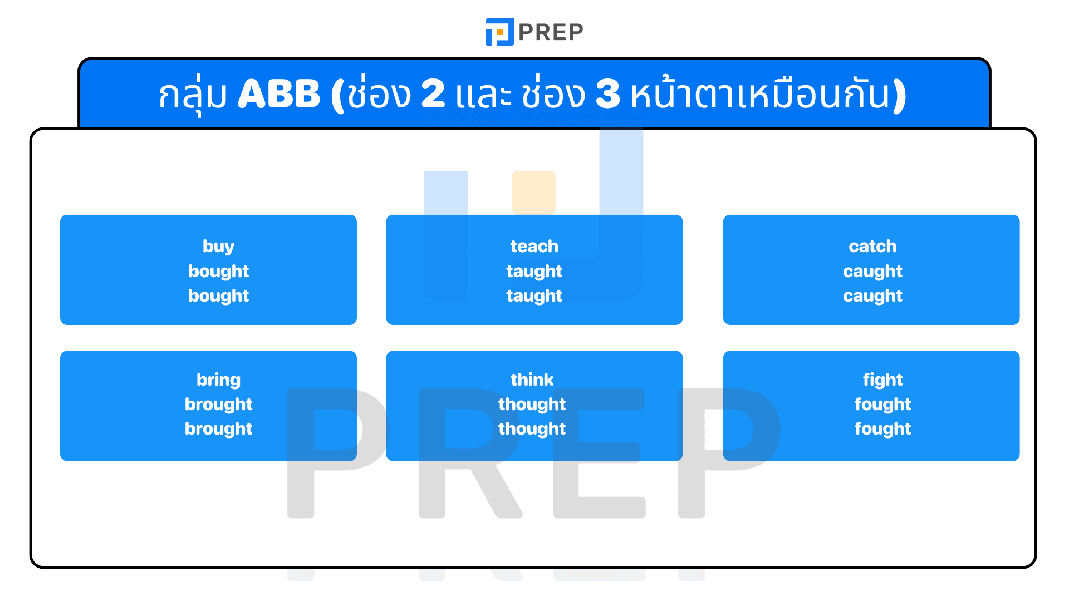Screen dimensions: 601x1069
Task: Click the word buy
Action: coord(218,247)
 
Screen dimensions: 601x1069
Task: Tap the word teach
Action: coord(534,246)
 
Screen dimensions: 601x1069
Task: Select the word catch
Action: coord(872,246)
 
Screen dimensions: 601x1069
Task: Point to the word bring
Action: coord(218,380)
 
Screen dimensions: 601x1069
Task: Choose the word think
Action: coord(532,380)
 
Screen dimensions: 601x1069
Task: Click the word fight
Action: coord(882,380)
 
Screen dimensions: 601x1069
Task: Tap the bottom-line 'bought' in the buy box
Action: coord(218,295)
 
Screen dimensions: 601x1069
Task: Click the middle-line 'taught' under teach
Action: coord(534,271)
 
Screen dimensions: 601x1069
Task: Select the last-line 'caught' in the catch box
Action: coord(872,295)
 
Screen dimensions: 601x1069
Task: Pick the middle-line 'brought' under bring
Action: coord(218,404)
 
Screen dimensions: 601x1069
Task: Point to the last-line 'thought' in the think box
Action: coord(532,428)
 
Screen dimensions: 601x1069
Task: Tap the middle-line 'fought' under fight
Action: coord(882,404)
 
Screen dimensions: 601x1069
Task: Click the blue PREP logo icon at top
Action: coord(499,32)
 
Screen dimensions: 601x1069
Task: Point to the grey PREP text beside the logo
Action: coord(551,32)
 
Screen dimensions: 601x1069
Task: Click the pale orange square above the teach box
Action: coord(533,192)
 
